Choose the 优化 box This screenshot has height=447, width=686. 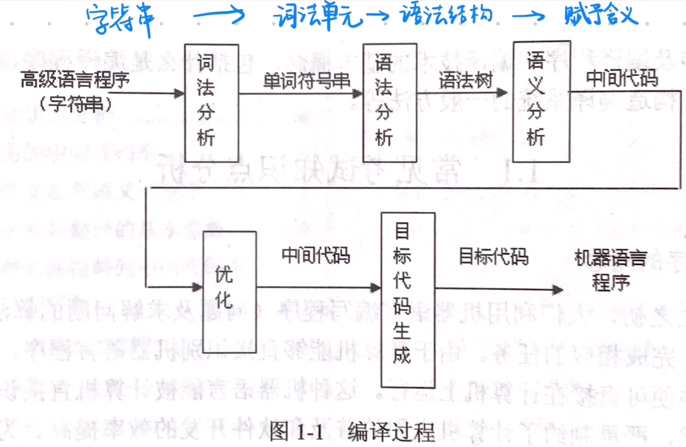tap(229, 291)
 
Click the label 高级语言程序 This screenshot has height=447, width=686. tap(75, 81)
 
